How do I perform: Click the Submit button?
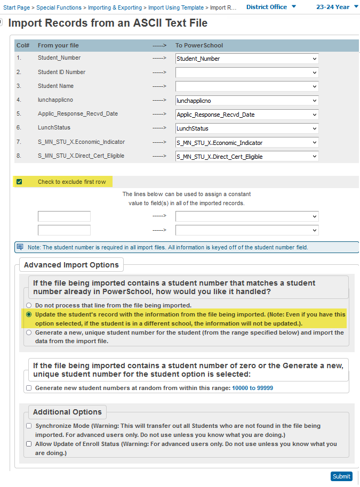341,476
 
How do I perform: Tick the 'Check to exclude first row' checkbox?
19,182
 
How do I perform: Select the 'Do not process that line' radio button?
29,305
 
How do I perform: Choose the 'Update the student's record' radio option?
29,314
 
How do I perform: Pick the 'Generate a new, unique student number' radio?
29,332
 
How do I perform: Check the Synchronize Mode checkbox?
29,426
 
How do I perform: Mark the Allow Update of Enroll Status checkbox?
29,443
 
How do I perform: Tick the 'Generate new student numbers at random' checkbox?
29,388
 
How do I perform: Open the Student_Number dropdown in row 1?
247,59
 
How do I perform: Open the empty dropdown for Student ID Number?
247,72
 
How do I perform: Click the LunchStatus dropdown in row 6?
247,128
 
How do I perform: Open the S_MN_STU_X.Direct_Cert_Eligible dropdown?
247,157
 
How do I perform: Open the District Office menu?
271,7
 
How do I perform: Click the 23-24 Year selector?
335,7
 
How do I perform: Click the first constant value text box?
64,216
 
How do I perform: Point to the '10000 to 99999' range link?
252,388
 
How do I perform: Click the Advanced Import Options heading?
71,265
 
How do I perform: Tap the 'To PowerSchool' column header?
199,45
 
